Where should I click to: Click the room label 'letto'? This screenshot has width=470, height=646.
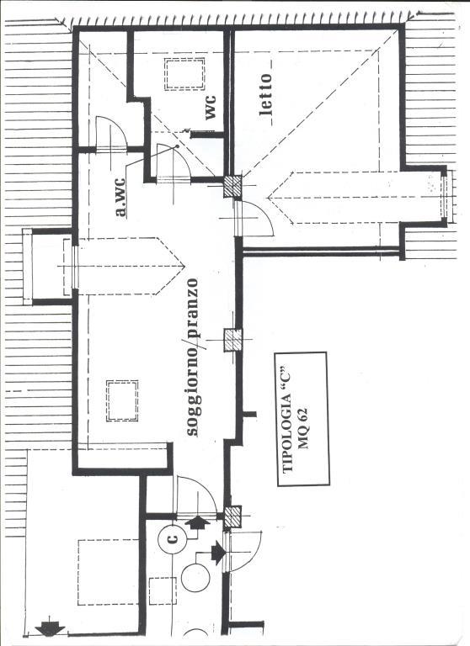(266, 94)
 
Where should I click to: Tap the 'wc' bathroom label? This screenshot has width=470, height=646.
(211, 108)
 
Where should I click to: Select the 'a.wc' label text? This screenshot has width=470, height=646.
(120, 197)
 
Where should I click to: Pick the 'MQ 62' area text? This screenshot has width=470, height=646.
(303, 428)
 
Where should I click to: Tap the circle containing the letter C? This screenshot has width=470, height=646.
(174, 538)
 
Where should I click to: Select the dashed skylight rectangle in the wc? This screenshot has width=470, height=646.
(184, 74)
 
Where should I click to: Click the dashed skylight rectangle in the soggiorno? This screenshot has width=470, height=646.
(122, 400)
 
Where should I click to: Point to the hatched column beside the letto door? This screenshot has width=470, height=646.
(232, 187)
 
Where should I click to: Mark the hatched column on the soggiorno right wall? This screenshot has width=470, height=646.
(233, 341)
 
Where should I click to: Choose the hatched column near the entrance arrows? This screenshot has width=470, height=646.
(232, 516)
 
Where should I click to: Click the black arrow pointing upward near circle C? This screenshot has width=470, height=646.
(198, 522)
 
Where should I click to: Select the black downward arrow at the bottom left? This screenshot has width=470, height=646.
(50, 628)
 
